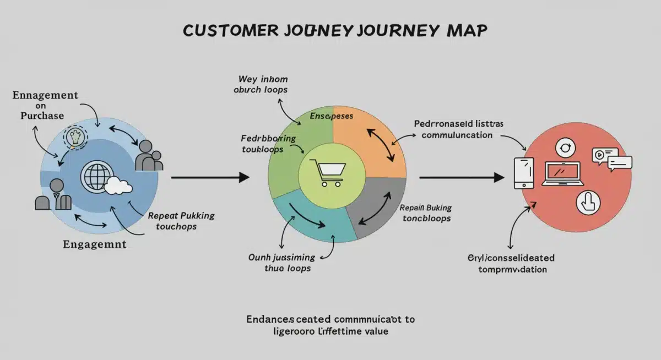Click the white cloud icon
click(118, 186)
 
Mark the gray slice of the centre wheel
click(375, 209)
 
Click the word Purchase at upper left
click(42, 116)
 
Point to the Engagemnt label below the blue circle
click(95, 244)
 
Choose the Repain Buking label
click(425, 213)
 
